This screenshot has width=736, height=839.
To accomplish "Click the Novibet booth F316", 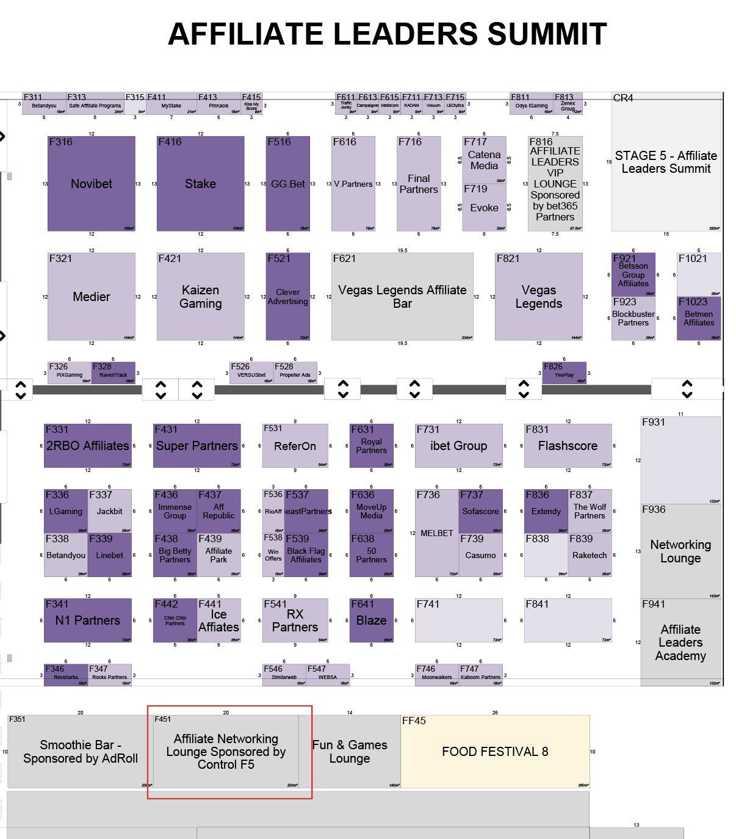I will pos(92,184).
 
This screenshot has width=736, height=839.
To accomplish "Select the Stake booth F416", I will pos(200,184).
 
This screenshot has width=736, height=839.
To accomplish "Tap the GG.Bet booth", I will pos(287,184).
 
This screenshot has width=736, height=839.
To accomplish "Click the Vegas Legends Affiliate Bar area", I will pos(402,297).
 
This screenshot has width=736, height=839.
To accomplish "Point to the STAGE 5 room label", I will pos(666,162).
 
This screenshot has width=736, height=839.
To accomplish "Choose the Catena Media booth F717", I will pos(484,160).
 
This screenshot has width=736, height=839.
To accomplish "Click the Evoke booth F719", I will pos(484,208).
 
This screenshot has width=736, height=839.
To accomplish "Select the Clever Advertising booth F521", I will pos(287,297).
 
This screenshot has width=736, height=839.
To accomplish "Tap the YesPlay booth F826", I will pos(565,373).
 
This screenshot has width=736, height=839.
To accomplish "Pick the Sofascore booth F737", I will pos(480,511).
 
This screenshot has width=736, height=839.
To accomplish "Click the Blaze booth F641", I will pos(371,620).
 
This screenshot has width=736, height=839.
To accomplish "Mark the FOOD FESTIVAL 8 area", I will pos(495,752).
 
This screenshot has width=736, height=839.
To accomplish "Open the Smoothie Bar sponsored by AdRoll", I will pos(80,752).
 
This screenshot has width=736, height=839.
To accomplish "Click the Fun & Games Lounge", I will pos(350,752).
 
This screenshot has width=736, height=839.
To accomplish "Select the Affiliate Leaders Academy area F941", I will pos(680,642).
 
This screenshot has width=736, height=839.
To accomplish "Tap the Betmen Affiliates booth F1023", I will pos(699,318).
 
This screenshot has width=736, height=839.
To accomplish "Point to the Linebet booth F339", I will pos(109,555).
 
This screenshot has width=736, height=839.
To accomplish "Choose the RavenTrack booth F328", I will pos(114,373).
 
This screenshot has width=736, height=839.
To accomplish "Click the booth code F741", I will pos(428,605).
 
